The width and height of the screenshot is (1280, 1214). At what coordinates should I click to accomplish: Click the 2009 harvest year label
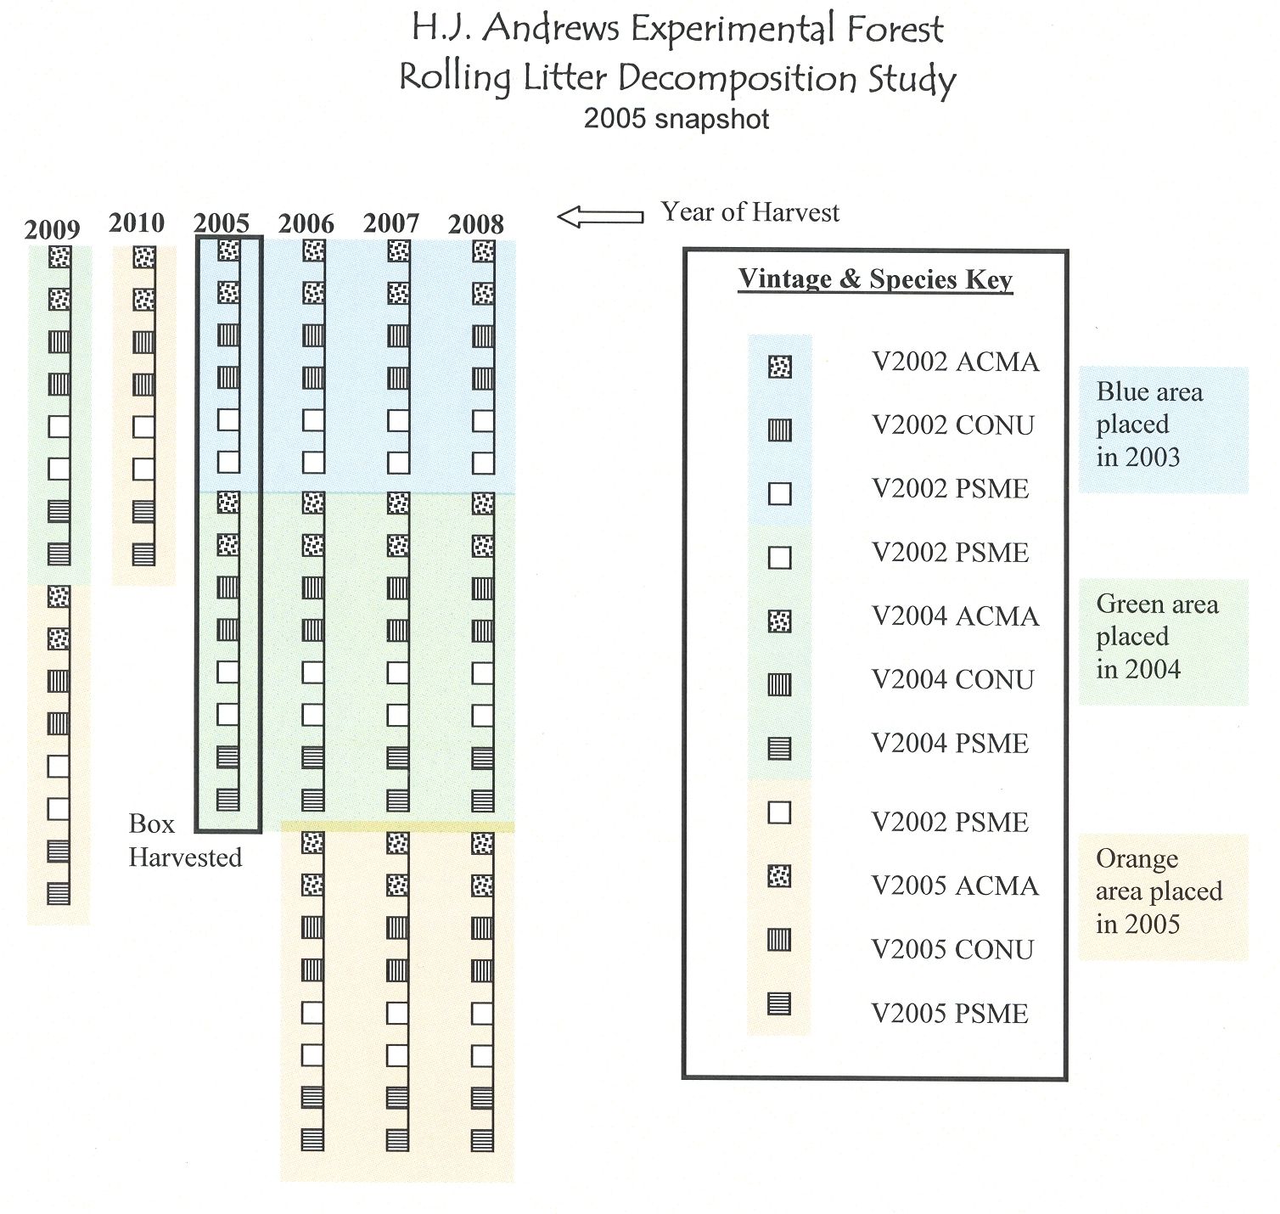[52, 229]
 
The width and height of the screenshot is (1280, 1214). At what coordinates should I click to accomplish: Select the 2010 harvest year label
[137, 222]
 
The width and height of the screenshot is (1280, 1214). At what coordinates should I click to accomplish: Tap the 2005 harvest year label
[222, 223]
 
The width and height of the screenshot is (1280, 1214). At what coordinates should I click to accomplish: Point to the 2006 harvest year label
[306, 224]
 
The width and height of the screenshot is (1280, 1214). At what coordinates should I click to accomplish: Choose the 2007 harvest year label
[391, 223]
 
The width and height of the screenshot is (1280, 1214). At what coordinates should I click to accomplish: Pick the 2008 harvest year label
[476, 224]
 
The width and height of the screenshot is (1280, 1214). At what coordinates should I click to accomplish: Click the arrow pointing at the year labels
[600, 216]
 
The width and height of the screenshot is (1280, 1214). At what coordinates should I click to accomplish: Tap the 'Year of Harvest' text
[750, 212]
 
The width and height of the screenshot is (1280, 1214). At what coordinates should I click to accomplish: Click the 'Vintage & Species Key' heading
[875, 278]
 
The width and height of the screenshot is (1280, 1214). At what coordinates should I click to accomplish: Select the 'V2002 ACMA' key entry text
[956, 362]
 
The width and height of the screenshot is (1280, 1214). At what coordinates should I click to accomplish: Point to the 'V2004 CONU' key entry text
[953, 679]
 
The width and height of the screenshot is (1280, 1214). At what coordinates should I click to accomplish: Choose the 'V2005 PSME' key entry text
[950, 1013]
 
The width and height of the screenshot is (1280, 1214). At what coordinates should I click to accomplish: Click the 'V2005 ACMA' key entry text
[956, 885]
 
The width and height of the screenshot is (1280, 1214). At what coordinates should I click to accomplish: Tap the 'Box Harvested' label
[184, 840]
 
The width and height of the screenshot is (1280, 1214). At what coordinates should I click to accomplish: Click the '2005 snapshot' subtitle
[676, 118]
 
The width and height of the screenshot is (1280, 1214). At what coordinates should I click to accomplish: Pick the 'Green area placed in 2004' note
[1156, 637]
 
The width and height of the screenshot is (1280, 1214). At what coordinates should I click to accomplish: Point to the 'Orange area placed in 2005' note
[1159, 891]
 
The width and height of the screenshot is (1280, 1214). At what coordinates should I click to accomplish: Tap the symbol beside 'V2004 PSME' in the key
[779, 748]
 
